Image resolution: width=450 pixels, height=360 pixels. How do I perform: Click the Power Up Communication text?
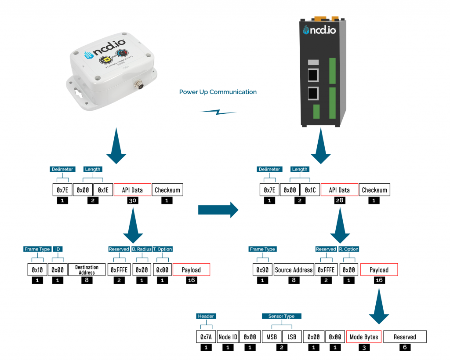pos(218,92)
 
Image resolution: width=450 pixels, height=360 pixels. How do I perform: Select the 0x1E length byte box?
pos(103,190)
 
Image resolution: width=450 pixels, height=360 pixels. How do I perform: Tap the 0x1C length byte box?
pos(310,190)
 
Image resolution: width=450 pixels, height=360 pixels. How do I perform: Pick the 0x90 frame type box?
pos(262,269)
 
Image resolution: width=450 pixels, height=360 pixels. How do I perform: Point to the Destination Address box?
pos(87,269)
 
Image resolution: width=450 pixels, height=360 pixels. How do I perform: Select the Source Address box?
pos(294,269)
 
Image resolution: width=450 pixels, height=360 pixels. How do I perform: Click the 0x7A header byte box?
pos(206,337)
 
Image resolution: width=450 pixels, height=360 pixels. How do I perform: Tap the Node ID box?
pos(228,337)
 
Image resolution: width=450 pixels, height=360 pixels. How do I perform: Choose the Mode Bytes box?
pos(363,337)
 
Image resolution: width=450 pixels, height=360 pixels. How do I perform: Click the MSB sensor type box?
pos(272,337)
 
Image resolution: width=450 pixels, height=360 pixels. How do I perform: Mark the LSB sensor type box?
pos(292,337)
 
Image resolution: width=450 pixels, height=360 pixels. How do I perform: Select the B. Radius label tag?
pos(142,249)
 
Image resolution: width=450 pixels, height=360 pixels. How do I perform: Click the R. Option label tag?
pos(348,249)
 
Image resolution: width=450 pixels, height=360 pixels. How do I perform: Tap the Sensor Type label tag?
pos(281,316)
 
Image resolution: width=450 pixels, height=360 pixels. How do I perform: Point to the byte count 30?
pos(132,200)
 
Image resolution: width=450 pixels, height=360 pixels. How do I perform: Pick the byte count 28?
pos(339,200)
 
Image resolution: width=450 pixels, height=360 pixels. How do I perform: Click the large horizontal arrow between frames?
pos(218,210)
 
